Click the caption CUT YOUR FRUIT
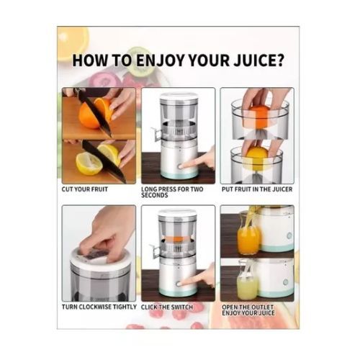(x=85, y=189)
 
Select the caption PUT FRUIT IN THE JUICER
(x=257, y=189)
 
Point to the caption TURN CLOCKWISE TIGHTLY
(x=99, y=307)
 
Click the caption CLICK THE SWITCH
(x=167, y=307)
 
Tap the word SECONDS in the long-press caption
(x=155, y=195)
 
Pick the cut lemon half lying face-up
(x=89, y=163)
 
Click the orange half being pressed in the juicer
(x=261, y=116)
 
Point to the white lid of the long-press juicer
(x=179, y=96)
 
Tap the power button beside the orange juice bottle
(x=289, y=235)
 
